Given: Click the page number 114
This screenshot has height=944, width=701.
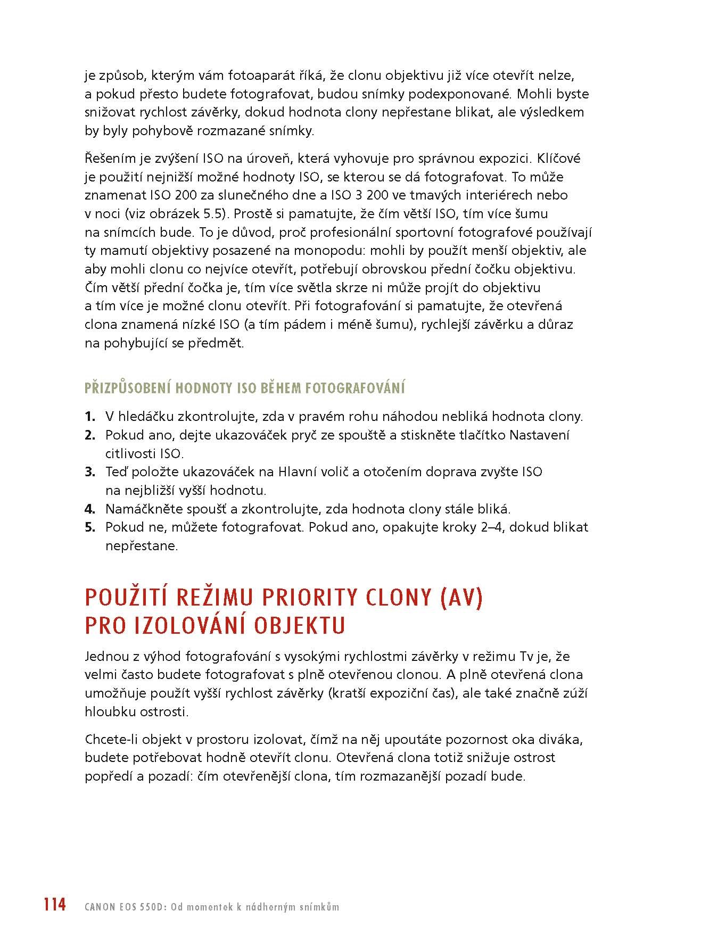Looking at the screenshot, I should [55, 904].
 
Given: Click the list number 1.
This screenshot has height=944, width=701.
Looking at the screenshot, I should [89, 417].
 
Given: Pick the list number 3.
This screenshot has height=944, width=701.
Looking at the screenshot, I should [89, 472].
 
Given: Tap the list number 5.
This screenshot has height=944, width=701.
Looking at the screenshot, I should [89, 527].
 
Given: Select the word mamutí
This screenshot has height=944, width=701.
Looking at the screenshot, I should [122, 251].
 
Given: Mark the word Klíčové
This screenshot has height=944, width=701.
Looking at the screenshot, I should [559, 159].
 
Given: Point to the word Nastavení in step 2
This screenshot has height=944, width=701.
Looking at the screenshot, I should [539, 435].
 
